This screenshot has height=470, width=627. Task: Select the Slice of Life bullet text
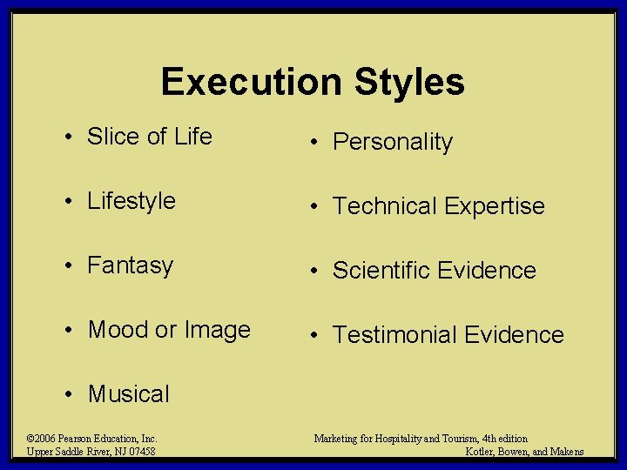pyautogui.click(x=149, y=137)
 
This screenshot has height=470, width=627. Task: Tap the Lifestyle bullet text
pyautogui.click(x=131, y=201)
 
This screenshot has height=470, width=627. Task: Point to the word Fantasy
pyautogui.click(x=131, y=265)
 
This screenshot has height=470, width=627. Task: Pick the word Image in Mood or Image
pyautogui.click(x=217, y=330)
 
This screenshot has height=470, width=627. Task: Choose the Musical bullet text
pyautogui.click(x=129, y=394)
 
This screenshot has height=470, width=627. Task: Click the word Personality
pyautogui.click(x=393, y=142)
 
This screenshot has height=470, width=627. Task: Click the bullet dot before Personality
pyautogui.click(x=312, y=143)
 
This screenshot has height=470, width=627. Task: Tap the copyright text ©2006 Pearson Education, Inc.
pyautogui.click(x=91, y=439)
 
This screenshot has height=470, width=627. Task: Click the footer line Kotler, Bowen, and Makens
pyautogui.click(x=524, y=451)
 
